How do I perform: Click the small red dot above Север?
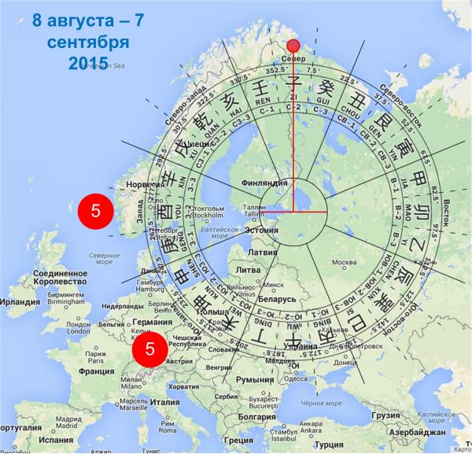pyautogui.click(x=293, y=46)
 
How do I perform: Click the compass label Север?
pyautogui.click(x=293, y=60)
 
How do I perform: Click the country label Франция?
pyautogui.click(x=97, y=371)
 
